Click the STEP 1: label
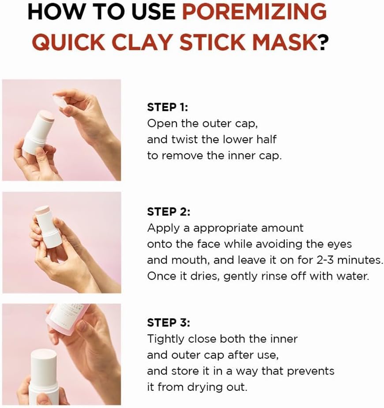[168, 108]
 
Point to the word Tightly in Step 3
[166, 339]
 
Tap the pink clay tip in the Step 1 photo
[46, 116]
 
